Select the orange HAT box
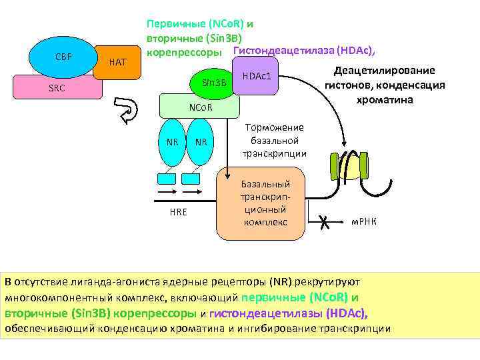(117, 62)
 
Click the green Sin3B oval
(212, 83)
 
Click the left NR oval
(172, 141)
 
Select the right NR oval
(199, 141)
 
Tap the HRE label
(178, 212)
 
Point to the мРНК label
(364, 221)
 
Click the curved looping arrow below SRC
(125, 110)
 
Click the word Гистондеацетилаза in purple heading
(283, 50)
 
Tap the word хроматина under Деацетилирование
(385, 100)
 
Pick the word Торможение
(275, 127)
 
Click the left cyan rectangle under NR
(167, 178)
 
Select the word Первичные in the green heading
(174, 23)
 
